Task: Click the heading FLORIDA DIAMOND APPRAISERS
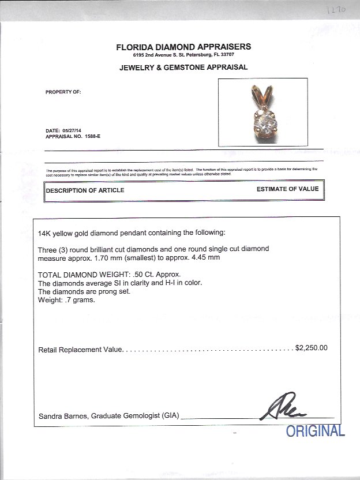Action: [183, 47]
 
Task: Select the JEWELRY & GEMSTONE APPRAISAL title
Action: [183, 67]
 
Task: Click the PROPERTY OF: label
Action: [63, 92]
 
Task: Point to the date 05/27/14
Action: [73, 131]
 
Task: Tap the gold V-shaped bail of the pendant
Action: [257, 94]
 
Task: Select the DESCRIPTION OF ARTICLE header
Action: [85, 190]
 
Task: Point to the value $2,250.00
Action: [311, 348]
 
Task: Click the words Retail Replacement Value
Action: [80, 350]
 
